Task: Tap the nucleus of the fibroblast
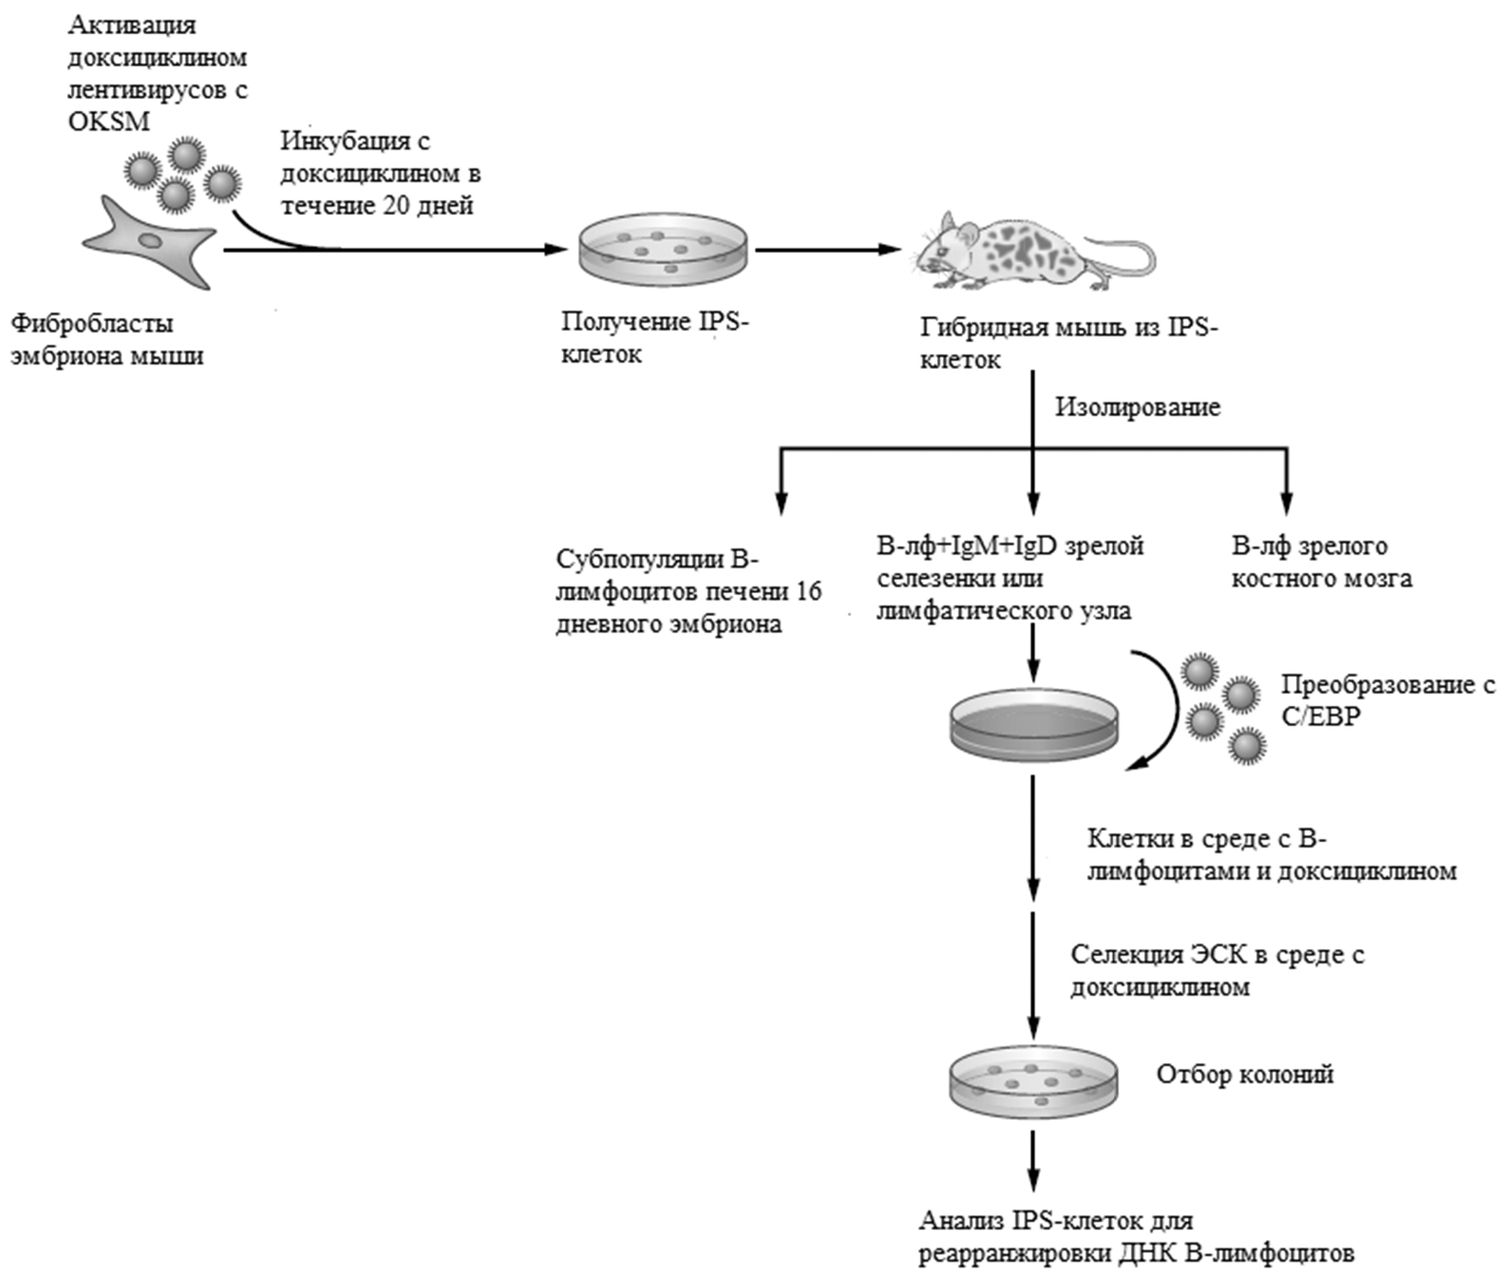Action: (150, 241)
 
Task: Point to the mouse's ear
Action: (948, 223)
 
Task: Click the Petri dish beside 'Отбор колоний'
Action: (1033, 1081)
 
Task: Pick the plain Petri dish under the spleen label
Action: (1033, 724)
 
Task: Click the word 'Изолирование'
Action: (1137, 407)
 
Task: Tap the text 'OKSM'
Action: (109, 122)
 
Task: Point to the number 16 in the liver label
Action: (808, 591)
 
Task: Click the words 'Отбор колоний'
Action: (1245, 1074)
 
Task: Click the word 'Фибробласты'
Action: (92, 323)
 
